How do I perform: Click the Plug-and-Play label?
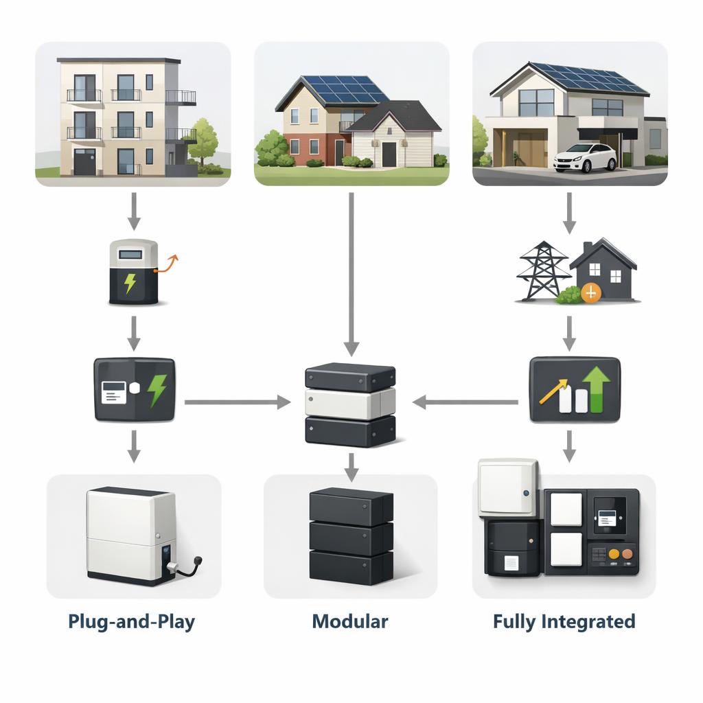click(x=131, y=622)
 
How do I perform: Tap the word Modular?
click(x=350, y=621)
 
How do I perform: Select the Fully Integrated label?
click(x=564, y=622)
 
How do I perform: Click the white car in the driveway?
click(x=585, y=158)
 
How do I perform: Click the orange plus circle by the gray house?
click(x=591, y=293)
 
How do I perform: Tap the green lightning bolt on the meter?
click(x=130, y=284)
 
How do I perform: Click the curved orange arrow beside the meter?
click(x=166, y=264)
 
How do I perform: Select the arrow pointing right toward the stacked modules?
click(x=238, y=402)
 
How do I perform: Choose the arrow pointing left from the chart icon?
click(x=465, y=402)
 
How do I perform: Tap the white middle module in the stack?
click(x=350, y=403)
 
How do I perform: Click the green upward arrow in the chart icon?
click(x=596, y=389)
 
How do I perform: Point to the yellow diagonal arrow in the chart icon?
click(x=553, y=391)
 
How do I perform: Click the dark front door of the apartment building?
click(x=84, y=162)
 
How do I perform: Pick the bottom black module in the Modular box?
click(x=351, y=567)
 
